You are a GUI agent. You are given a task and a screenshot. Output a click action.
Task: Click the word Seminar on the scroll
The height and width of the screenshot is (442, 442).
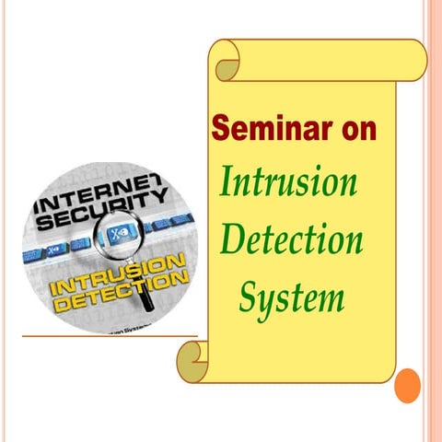[x=267, y=130]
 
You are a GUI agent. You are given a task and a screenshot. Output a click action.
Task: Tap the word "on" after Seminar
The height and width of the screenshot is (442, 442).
[x=354, y=130]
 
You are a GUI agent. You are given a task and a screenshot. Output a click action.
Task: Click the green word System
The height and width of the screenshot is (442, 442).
[x=292, y=297]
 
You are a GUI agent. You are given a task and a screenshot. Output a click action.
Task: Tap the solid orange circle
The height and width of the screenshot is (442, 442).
[x=407, y=385]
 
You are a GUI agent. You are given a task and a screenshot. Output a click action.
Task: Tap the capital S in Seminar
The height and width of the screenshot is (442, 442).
[x=221, y=130]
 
